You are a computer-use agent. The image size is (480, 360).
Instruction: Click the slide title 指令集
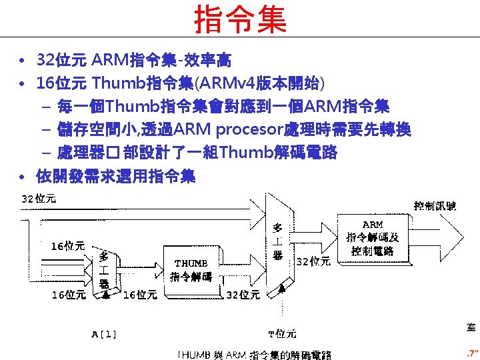240,19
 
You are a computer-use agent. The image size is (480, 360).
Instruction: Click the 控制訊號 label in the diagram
435,206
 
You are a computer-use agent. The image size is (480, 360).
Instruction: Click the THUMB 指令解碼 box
191,269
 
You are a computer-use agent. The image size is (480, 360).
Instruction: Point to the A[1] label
104,333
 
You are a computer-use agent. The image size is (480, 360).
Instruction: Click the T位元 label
282,333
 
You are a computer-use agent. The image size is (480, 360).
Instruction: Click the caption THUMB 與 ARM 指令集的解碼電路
254,355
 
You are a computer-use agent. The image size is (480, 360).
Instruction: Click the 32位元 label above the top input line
39,198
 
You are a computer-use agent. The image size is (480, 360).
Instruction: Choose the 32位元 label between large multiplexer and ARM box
313,261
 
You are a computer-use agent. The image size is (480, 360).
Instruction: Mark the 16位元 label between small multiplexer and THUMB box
140,294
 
